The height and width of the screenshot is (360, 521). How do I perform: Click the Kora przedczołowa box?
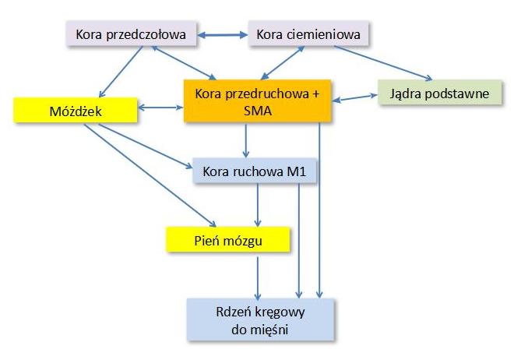(129, 35)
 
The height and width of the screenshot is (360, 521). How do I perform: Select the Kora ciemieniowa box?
(309, 35)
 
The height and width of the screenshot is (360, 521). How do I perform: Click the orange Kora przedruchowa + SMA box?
(258, 102)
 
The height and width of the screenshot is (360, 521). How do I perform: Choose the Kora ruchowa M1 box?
(255, 171)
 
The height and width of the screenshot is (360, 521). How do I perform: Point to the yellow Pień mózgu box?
(227, 240)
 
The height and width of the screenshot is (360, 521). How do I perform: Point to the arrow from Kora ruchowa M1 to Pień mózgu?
(259, 206)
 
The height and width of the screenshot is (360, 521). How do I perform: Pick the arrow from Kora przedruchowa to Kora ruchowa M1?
(246, 142)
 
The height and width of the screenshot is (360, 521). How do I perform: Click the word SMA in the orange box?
(258, 111)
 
